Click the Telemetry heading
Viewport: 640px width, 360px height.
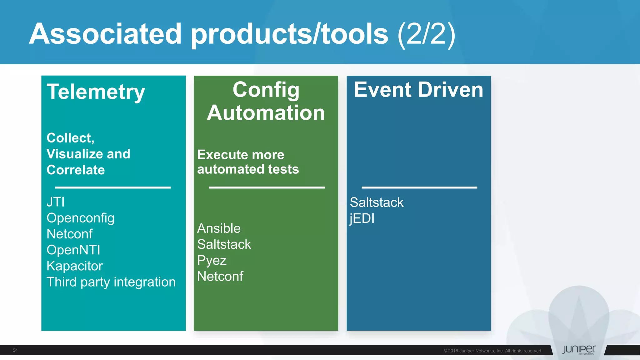[x=96, y=92]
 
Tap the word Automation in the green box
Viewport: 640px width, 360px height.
[x=266, y=113]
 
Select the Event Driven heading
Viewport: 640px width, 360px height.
[x=418, y=90]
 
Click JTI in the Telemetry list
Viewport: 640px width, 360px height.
[x=56, y=202]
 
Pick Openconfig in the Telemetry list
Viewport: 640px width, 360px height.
[x=80, y=218]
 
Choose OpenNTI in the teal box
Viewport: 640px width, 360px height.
[x=73, y=250]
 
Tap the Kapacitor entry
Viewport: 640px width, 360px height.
[x=74, y=266]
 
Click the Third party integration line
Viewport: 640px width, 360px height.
[x=111, y=282]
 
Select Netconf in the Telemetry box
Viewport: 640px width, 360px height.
[x=69, y=234]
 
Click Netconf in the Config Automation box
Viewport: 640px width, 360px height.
[x=220, y=277]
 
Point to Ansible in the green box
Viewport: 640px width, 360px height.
[x=219, y=228]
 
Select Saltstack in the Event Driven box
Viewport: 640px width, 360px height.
[x=377, y=202]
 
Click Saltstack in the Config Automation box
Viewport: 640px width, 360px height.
[x=224, y=244]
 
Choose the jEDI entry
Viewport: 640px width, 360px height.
[x=362, y=218]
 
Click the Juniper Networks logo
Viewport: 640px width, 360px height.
[x=579, y=350]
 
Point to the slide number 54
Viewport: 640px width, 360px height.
[x=15, y=350]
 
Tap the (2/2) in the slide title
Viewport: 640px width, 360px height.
[x=426, y=34]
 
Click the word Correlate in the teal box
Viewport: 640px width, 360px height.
[x=76, y=170]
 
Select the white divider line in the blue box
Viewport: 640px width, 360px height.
[x=419, y=187]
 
